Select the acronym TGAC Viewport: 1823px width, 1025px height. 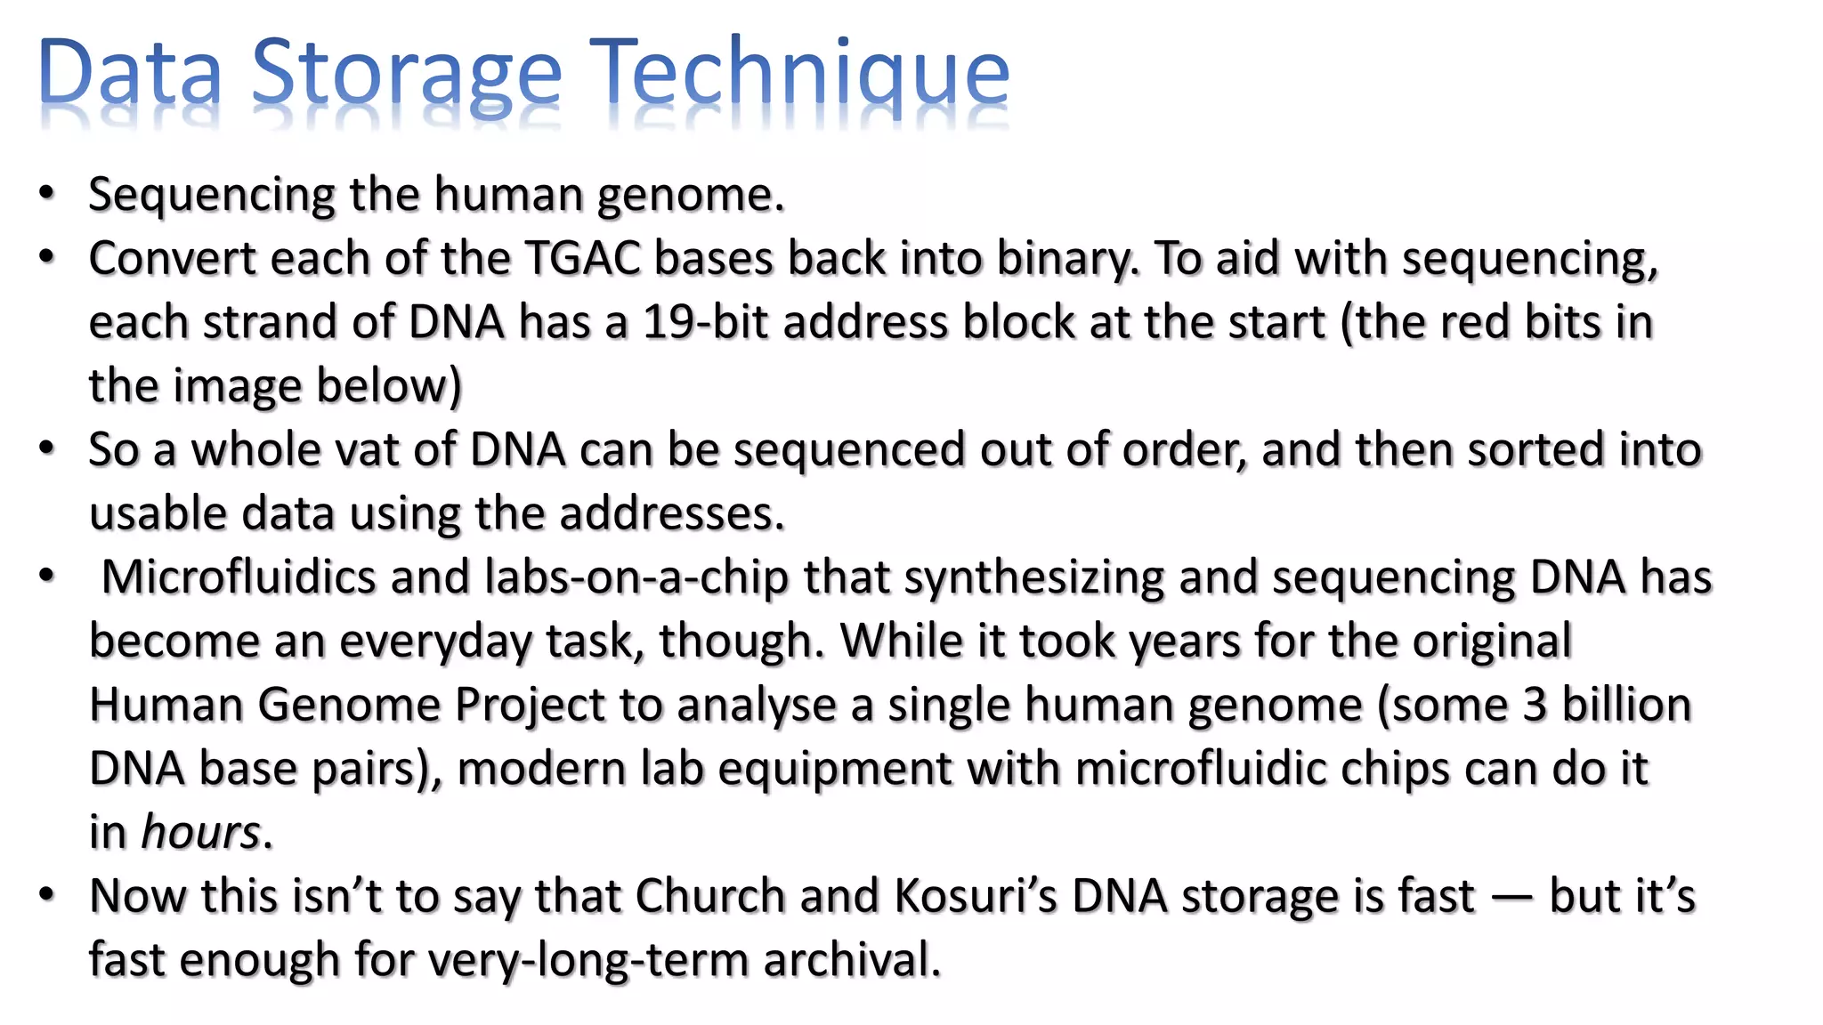pyautogui.click(x=582, y=259)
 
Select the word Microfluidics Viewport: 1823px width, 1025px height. pyautogui.click(x=239, y=577)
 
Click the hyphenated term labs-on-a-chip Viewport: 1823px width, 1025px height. pyautogui.click(x=636, y=577)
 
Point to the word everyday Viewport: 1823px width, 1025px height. pyautogui.click(x=435, y=642)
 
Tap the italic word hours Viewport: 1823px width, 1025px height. pyautogui.click(x=200, y=833)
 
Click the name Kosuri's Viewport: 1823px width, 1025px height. pyautogui.click(x=976, y=896)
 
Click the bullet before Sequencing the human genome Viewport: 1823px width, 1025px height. pyautogui.click(x=46, y=195)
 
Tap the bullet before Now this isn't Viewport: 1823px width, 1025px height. pyautogui.click(x=46, y=896)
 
